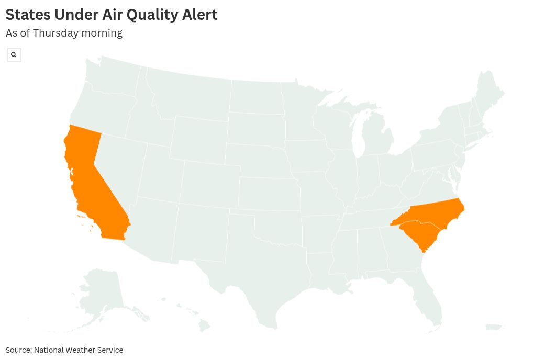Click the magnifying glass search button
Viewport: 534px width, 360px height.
[14, 55]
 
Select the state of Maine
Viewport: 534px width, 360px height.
[489, 94]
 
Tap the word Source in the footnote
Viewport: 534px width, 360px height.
[18, 350]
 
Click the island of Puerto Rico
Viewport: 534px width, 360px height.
[494, 328]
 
